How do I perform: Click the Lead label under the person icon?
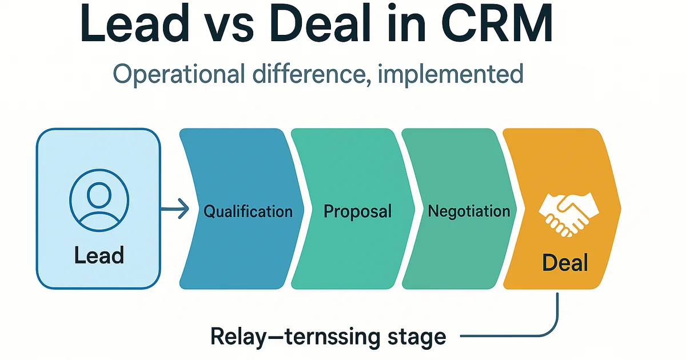[98, 255]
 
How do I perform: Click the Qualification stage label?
[248, 211]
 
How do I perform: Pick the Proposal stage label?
[357, 211]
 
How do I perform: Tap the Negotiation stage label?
[469, 211]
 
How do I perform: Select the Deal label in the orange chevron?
[565, 263]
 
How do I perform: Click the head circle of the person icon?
[98, 194]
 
